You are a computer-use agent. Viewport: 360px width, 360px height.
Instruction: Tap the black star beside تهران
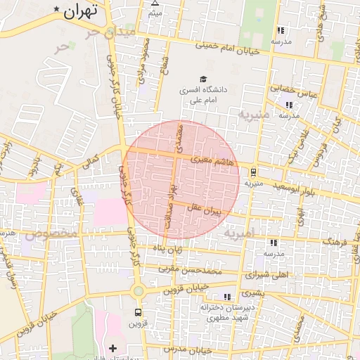(56, 8)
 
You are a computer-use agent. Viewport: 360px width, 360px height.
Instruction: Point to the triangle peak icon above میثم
(155, 3)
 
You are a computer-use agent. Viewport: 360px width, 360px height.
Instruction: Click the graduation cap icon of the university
(203, 79)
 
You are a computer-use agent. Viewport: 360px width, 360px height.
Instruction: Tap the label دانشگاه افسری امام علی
(205, 95)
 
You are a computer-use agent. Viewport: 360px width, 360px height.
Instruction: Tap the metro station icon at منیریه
(253, 172)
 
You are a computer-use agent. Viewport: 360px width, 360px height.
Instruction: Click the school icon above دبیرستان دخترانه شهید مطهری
(226, 297)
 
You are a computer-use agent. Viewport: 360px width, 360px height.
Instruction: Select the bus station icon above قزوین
(138, 312)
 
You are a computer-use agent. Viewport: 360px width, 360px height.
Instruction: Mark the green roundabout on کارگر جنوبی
(138, 291)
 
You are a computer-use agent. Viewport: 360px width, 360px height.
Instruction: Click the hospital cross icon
(113, 347)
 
